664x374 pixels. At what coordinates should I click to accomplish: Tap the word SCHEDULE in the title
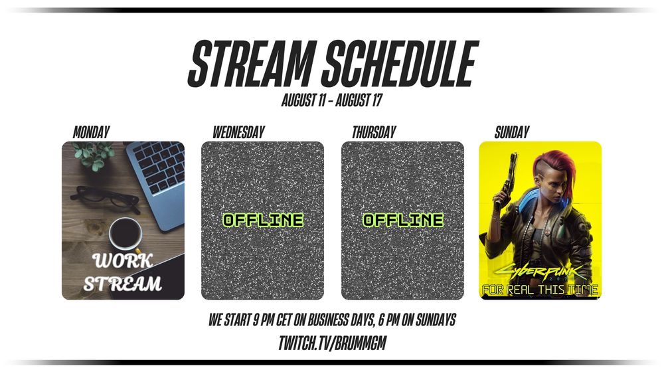[400, 64]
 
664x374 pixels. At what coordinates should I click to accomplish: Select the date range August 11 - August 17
[332, 100]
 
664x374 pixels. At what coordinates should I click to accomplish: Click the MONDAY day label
[92, 132]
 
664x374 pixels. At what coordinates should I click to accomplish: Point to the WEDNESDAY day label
[238, 132]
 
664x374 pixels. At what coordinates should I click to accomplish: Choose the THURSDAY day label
[374, 132]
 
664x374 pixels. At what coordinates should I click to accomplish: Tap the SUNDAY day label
[512, 132]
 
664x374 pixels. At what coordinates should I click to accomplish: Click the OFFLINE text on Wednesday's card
[263, 220]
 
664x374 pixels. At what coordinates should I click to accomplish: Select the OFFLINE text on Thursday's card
[403, 220]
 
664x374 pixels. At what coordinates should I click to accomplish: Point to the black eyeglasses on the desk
[106, 198]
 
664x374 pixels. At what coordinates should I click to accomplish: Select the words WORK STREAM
[123, 272]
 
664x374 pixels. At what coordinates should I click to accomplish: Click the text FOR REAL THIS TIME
[540, 290]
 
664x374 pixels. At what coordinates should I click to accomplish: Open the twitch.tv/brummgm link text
[333, 343]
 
